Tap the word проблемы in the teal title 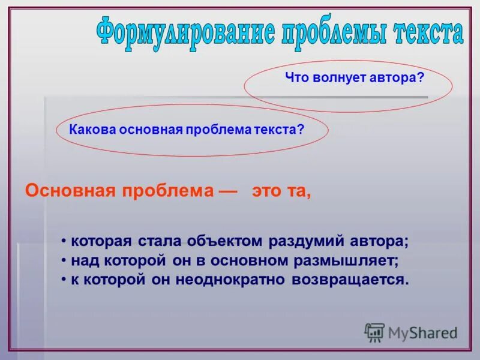(332, 33)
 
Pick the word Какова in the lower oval (89, 129)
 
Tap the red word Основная (71, 191)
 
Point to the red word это (265, 191)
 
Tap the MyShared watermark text (422, 332)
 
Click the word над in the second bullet (83, 261)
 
